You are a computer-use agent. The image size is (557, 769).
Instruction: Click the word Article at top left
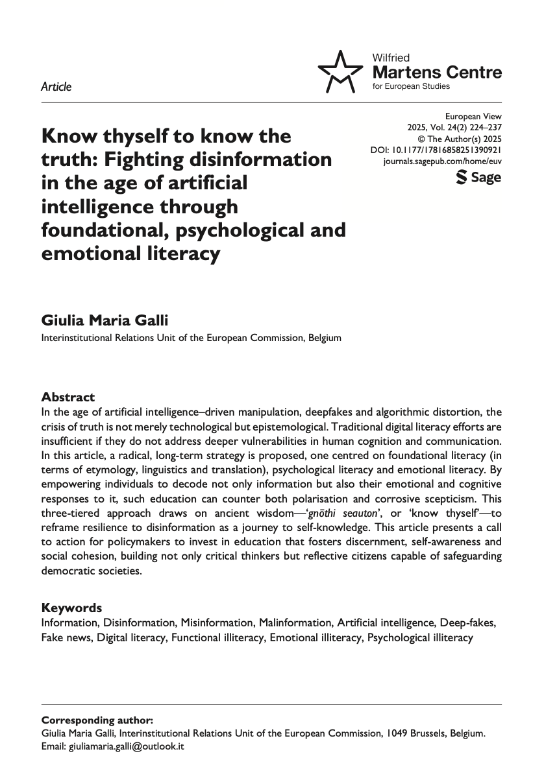pos(56,87)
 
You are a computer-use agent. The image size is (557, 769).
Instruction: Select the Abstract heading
pos(68,397)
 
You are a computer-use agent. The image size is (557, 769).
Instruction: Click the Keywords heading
pos(71,608)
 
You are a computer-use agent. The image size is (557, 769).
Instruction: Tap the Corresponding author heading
pos(97,720)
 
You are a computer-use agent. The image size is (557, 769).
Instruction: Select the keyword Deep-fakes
pos(468,622)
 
